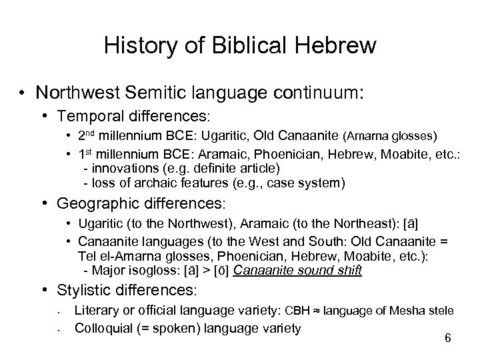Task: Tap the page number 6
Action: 447,339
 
